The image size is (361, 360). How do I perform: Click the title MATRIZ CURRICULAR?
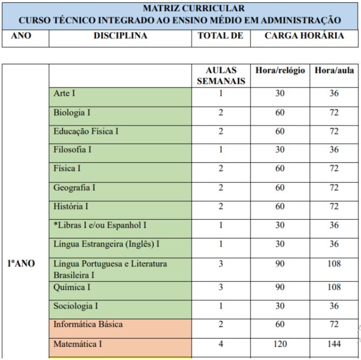click(194, 9)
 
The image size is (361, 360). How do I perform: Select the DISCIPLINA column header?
click(121, 36)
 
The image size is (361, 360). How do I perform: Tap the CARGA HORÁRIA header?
click(304, 36)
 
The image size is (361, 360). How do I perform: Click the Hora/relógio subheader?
click(280, 70)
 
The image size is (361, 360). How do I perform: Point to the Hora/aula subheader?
click(335, 70)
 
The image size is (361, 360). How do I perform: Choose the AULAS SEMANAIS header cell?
click(221, 76)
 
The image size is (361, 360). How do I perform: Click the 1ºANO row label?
click(21, 264)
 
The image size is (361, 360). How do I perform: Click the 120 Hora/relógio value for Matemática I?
click(280, 344)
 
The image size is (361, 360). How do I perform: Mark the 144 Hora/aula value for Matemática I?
click(334, 344)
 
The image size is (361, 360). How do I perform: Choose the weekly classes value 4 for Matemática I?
click(221, 344)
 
